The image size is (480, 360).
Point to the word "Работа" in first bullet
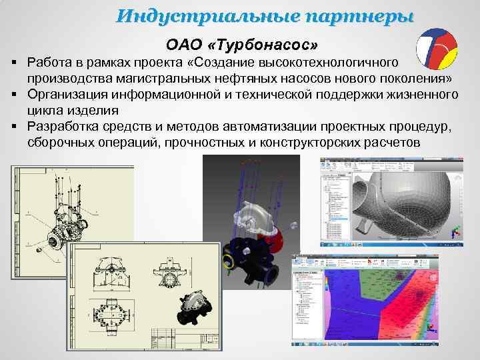point(53,62)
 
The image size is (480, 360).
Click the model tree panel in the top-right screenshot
point(333,200)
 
